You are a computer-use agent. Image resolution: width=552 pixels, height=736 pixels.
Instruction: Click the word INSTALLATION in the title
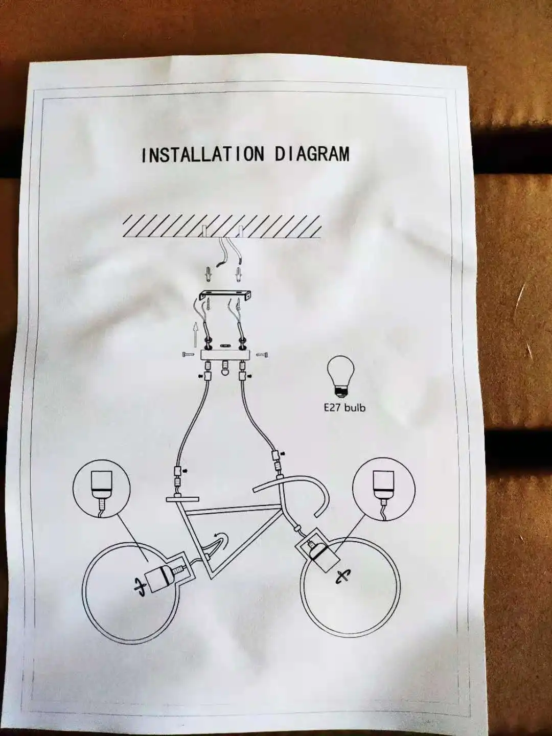[x=203, y=154]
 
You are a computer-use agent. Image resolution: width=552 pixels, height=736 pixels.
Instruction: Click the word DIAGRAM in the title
[x=312, y=153]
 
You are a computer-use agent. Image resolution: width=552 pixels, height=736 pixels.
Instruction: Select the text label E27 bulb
[x=344, y=407]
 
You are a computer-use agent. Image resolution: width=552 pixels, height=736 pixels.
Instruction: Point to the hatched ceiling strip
[x=222, y=226]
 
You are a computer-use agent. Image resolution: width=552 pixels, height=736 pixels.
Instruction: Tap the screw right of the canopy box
[x=262, y=354]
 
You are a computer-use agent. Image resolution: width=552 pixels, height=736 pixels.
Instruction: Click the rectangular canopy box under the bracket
[x=224, y=355]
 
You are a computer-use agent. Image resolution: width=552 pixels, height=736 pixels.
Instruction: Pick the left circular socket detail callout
[x=101, y=488]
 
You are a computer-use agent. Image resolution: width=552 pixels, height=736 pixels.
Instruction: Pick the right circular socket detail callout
[x=384, y=488]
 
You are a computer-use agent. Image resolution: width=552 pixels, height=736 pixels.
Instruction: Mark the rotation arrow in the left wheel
[x=139, y=587]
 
